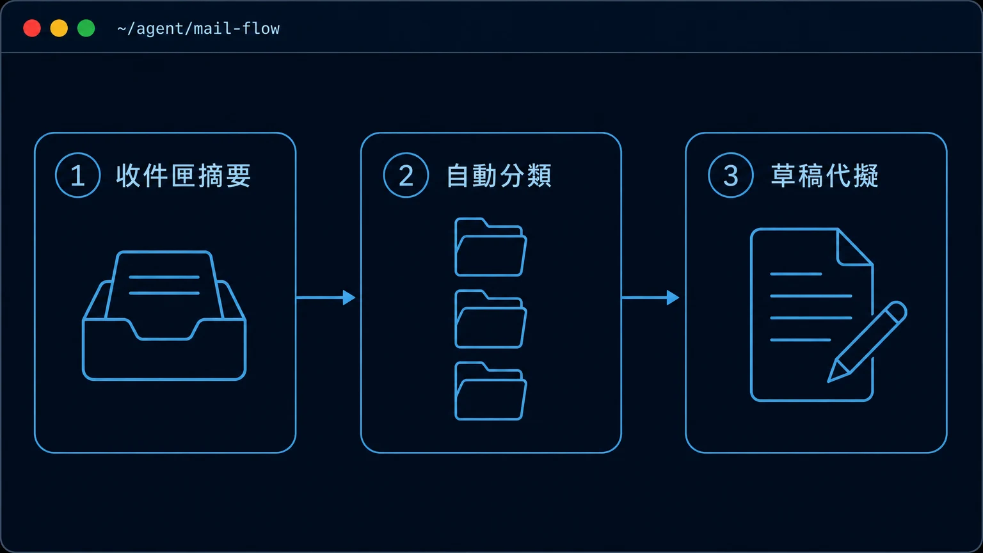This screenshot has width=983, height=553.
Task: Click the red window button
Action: point(32,29)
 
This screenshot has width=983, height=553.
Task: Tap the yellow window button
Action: point(59,29)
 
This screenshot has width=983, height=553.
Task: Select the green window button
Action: point(86,29)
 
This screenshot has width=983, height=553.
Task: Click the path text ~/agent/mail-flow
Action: point(198,29)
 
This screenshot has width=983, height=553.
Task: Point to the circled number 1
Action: point(77,175)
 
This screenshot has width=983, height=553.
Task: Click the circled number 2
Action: point(406,175)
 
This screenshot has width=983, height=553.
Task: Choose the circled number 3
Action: point(731,175)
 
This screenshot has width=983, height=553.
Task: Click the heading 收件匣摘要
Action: point(184,175)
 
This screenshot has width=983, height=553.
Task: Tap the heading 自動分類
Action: point(499,175)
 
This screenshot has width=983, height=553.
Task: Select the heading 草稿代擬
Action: point(824,175)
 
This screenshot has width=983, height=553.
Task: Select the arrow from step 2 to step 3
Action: point(650,298)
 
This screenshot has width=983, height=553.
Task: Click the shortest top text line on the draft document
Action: point(795,274)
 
